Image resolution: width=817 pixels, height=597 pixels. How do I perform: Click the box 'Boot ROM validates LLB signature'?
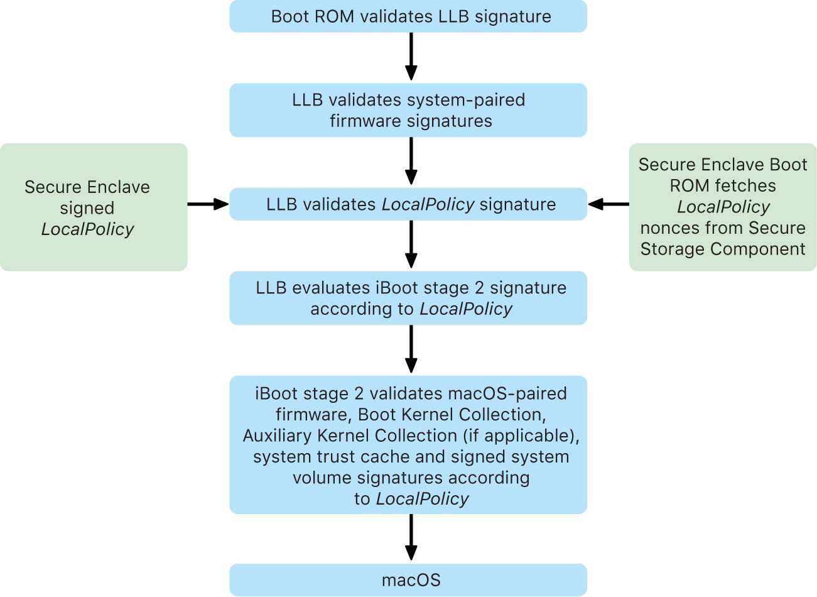point(408,16)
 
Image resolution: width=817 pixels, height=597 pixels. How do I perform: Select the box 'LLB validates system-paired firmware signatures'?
point(408,110)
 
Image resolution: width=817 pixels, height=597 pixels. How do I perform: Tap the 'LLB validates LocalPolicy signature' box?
point(408,204)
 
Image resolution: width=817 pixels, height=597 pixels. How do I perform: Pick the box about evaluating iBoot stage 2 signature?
point(408,298)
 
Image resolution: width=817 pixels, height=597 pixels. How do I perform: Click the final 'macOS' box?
point(408,579)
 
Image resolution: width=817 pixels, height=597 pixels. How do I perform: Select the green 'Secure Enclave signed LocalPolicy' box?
point(94,207)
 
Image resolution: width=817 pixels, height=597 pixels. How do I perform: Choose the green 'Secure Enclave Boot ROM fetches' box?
point(723,207)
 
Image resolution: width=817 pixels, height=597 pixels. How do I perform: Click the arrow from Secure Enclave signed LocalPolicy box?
point(208,204)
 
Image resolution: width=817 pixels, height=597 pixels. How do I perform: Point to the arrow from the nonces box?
point(608,204)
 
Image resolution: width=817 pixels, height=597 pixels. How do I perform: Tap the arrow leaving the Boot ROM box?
point(411,57)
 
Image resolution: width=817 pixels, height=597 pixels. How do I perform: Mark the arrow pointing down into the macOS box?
point(411,537)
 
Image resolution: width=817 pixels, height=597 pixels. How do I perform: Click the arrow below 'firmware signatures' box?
point(411,161)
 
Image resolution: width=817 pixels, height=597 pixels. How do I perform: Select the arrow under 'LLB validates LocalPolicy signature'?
point(411,244)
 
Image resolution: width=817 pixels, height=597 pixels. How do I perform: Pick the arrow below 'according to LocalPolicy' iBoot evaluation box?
point(411,349)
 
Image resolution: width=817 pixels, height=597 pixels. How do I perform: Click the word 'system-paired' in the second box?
point(466,100)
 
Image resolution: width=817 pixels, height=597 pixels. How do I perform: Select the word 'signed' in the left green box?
point(87,208)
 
